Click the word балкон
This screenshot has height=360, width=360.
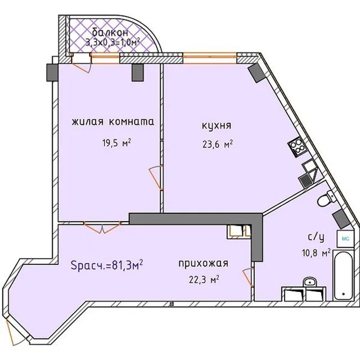(110, 33)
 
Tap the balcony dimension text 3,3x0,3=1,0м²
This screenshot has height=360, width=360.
(112, 43)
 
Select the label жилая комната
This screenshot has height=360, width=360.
(112, 121)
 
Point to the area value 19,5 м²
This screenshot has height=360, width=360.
(116, 143)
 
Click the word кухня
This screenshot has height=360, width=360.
(217, 125)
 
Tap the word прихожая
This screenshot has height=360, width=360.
(204, 264)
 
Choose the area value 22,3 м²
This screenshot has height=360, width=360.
(204, 280)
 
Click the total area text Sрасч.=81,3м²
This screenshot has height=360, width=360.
(107, 265)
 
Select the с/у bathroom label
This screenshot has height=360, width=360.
(316, 237)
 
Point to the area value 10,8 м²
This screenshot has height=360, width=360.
(316, 253)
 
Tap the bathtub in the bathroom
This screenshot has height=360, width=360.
(343, 275)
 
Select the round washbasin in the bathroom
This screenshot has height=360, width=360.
(309, 282)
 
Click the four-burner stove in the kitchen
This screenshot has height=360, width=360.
(296, 147)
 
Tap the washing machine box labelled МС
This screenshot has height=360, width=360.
(345, 238)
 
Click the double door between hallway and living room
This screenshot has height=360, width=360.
(102, 227)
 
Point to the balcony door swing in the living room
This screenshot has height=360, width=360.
(81, 64)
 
